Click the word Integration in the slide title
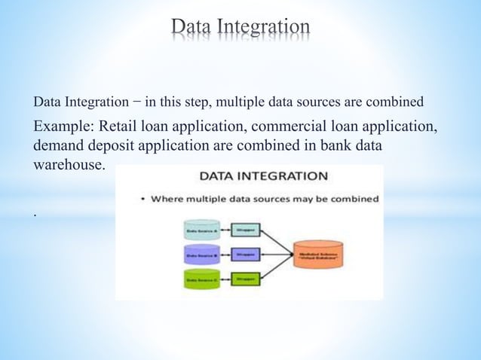pos(263,27)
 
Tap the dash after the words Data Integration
pos(137,101)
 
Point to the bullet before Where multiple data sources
pos(143,200)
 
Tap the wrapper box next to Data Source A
pos(245,230)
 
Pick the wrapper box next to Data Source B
pos(245,255)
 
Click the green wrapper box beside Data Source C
pos(245,279)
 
